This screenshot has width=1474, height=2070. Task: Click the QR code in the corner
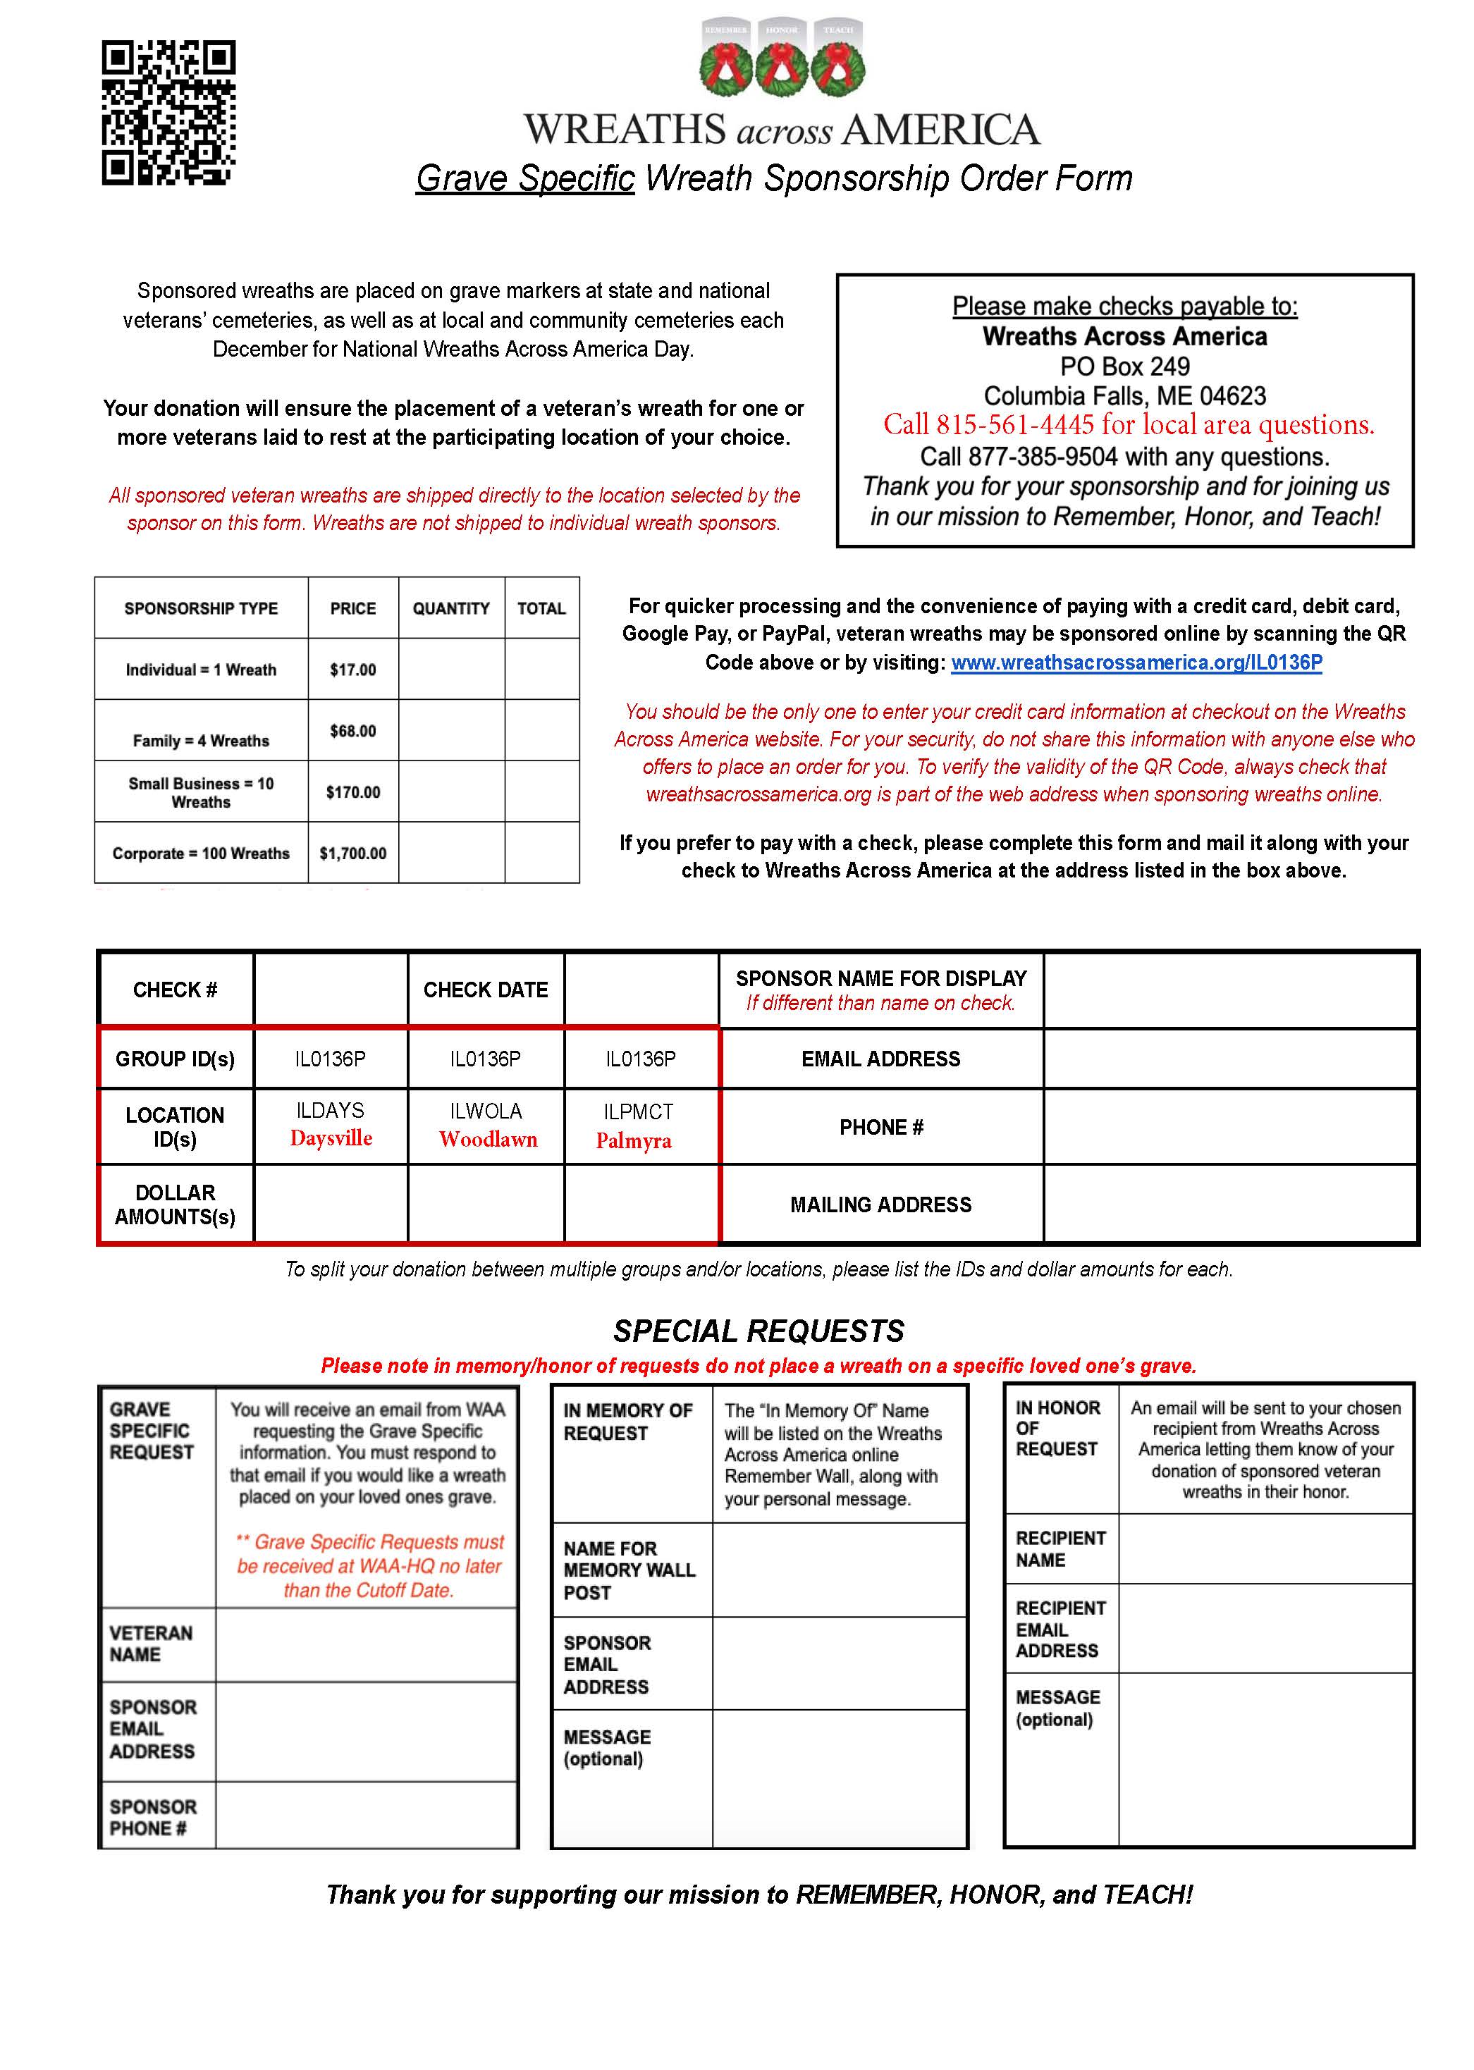coord(168,113)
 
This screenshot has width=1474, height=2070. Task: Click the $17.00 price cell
coord(353,670)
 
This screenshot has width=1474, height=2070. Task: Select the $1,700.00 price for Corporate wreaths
coord(353,853)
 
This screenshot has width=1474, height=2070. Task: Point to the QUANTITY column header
coord(451,608)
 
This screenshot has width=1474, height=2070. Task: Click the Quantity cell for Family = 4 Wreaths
coord(451,731)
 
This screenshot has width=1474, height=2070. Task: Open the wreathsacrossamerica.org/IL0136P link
coord(1136,663)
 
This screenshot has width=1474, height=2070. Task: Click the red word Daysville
coord(331,1138)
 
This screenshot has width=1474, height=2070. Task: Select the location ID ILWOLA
coord(486,1111)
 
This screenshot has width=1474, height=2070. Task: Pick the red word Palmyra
coord(634,1141)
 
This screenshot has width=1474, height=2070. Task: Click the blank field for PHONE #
coord(1230,1127)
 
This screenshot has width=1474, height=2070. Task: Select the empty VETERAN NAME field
coord(367,1644)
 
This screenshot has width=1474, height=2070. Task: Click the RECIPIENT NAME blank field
coord(1265,1548)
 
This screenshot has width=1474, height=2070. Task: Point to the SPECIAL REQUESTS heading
coord(759,1331)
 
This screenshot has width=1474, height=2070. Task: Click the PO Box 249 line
coord(1124,366)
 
